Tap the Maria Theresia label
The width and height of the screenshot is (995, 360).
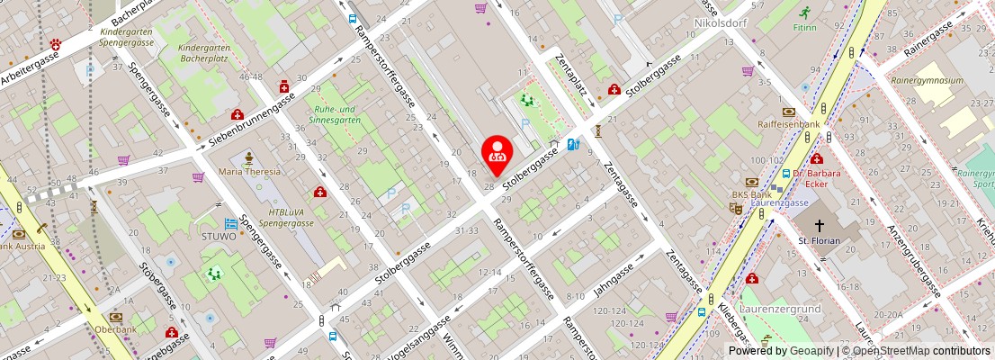coord(249,171)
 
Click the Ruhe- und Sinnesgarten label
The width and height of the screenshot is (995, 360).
coord(335,114)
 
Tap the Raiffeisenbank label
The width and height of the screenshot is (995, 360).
coord(788,124)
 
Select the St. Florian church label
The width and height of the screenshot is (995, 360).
coord(818,240)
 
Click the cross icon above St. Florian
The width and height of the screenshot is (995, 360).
coord(819,225)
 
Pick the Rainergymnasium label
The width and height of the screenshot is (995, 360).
coord(927,80)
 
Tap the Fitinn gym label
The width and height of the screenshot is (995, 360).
coord(804,27)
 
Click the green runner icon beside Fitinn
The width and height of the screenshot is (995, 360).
coord(804,13)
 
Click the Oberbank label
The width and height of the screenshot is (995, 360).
coord(114,328)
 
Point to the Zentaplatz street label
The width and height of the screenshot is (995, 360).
coord(570,82)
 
